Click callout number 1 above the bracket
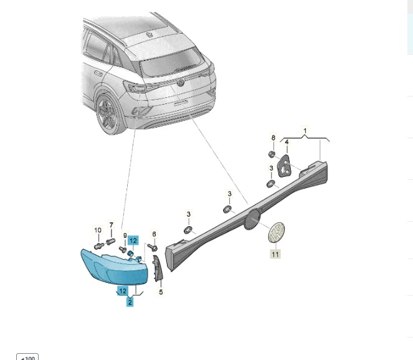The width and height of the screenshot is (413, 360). tap(305, 131)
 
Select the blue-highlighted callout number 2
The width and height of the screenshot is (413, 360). tap(130, 302)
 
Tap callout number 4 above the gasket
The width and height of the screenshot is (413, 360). tap(287, 142)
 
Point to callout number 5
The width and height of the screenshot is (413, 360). tap(161, 291)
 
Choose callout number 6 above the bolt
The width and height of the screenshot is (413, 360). tap(154, 234)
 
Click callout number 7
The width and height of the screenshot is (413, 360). tap(111, 225)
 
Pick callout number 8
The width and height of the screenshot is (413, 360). tap(273, 138)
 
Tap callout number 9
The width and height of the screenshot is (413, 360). tap(125, 235)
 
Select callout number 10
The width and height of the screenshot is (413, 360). tap(98, 230)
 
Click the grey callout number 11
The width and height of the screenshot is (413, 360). tap(275, 254)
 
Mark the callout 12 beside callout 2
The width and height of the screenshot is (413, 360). tap(123, 291)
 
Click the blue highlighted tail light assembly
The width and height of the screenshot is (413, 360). tap(115, 267)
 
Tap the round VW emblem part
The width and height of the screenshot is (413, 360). tap(277, 232)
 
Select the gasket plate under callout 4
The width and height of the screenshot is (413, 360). tap(284, 166)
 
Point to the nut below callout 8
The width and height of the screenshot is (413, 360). tap(272, 154)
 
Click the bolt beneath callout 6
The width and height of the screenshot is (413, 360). tap(153, 247)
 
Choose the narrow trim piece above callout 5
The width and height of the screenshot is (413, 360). tap(158, 268)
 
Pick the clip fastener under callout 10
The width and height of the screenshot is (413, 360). tap(98, 247)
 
